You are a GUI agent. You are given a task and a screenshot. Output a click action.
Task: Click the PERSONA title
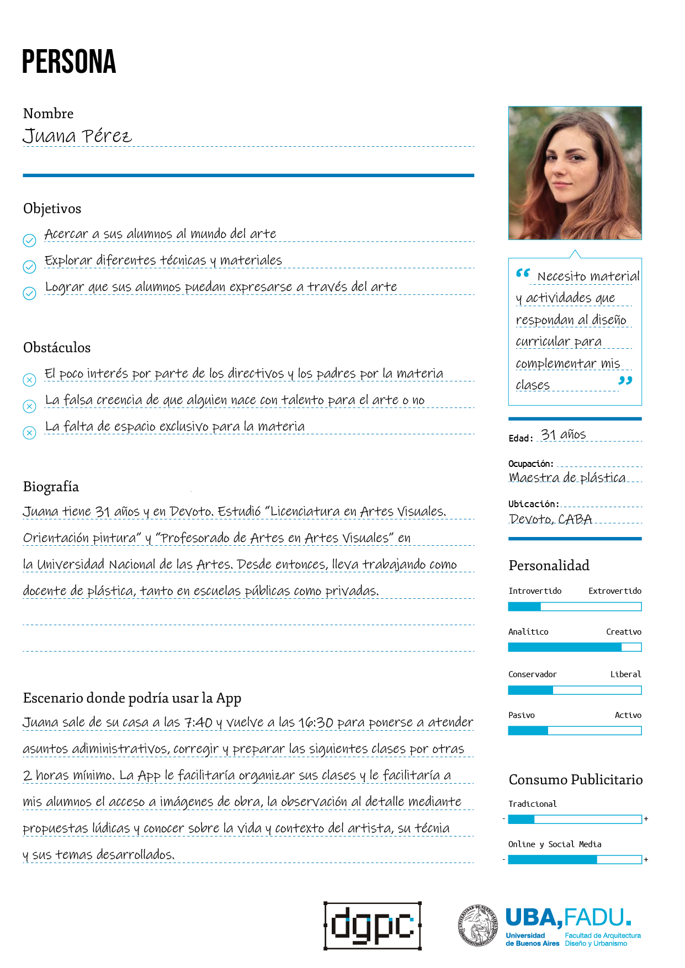69,61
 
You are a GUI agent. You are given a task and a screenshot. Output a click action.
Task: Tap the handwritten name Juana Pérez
77,136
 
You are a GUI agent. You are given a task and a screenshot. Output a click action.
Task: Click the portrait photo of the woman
575,173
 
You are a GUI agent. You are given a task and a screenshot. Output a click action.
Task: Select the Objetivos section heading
52,209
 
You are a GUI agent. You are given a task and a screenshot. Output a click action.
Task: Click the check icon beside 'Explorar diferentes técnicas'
29,267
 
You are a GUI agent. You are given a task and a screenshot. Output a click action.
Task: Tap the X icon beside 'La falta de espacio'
29,433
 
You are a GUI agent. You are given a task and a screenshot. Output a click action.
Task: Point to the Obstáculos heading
57,348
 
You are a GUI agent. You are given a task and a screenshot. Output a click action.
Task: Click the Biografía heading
51,487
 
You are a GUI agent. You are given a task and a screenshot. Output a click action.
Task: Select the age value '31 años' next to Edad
563,435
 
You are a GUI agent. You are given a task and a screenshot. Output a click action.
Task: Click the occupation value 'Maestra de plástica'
567,477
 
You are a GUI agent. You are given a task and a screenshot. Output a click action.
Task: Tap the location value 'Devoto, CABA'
550,519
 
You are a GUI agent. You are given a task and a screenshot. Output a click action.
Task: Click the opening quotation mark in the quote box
523,273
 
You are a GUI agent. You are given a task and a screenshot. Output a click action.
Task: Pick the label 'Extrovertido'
615,591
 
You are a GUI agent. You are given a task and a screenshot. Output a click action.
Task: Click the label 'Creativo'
624,632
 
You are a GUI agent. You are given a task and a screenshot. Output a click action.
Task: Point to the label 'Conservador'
532,674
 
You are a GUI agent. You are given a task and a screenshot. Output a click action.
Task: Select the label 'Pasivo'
521,715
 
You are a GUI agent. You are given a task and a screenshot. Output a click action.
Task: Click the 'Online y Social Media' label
555,844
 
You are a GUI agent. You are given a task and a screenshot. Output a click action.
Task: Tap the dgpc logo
373,926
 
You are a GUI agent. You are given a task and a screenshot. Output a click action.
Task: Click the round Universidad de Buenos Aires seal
478,926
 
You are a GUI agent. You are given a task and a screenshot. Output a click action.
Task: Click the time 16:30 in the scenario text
316,722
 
